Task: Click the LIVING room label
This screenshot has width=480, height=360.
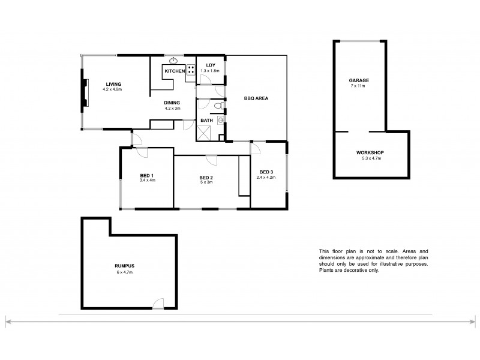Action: (113, 84)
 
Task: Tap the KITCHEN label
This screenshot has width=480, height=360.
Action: (175, 71)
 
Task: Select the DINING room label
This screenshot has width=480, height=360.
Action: (172, 103)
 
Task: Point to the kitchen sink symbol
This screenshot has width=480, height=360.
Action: (173, 61)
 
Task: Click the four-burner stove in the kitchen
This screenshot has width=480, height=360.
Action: (191, 70)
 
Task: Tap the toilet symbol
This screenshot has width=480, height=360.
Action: (218, 106)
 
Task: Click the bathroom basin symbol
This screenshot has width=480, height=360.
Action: (221, 120)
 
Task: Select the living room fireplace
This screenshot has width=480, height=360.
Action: (85, 92)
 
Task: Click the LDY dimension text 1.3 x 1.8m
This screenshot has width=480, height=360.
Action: (210, 71)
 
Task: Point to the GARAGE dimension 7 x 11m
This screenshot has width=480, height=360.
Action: (358, 86)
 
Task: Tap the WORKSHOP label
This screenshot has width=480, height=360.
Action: (370, 153)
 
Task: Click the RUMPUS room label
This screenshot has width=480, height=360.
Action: (125, 266)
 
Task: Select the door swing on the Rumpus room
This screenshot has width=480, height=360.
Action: (158, 303)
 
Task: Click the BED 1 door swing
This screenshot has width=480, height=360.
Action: (142, 152)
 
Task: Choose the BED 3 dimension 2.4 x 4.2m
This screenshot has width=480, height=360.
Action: (266, 177)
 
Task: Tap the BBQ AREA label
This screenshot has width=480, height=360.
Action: (256, 98)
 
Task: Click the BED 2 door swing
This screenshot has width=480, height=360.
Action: (211, 160)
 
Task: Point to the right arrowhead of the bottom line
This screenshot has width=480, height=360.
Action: (473, 322)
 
